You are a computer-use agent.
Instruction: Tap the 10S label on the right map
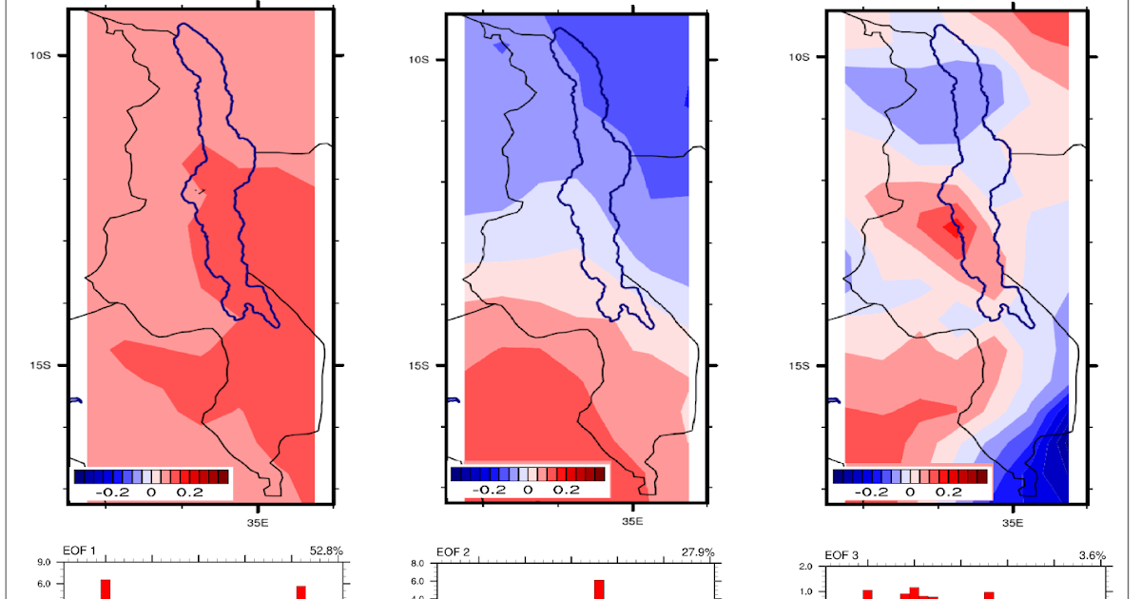(x=800, y=55)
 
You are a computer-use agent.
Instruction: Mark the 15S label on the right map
(x=800, y=366)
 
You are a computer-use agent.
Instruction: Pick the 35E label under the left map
(x=258, y=522)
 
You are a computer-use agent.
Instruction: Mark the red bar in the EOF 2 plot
(x=599, y=589)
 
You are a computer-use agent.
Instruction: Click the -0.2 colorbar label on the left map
(x=111, y=493)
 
